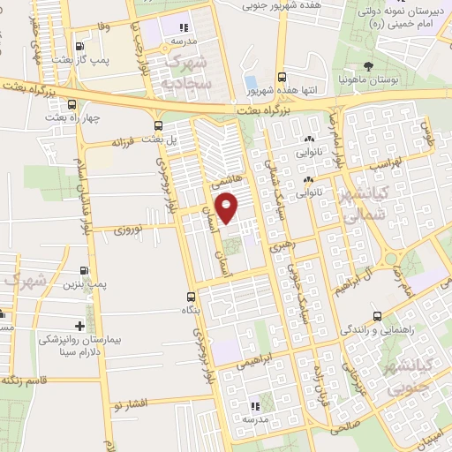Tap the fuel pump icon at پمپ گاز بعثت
(80, 47)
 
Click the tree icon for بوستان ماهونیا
(368, 66)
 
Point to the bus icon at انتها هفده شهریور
(282, 77)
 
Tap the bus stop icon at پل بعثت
(158, 124)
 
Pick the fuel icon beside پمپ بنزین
(85, 270)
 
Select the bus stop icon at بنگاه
(190, 297)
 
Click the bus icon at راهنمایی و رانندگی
(377, 315)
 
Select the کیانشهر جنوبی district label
(409, 374)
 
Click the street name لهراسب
(383, 166)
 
